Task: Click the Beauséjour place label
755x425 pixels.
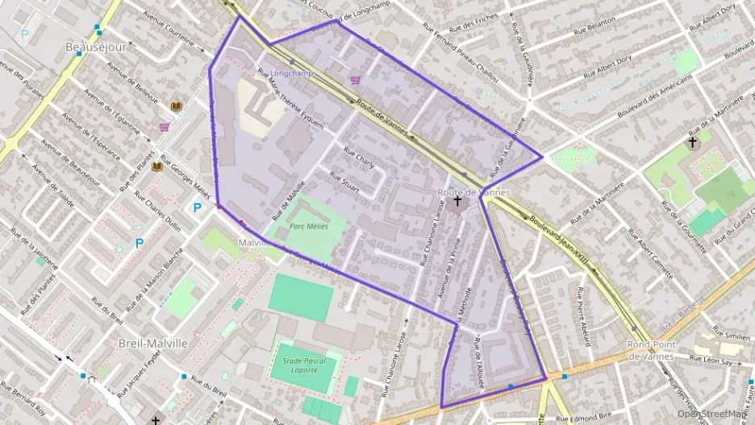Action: [x=96, y=48]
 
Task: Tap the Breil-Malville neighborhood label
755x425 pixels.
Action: [x=152, y=343]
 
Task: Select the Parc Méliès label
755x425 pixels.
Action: [x=308, y=227]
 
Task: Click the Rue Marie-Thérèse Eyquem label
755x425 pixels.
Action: [x=290, y=101]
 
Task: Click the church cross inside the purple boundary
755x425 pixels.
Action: [x=458, y=201]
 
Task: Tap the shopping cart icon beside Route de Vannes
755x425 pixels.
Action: [x=355, y=80]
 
